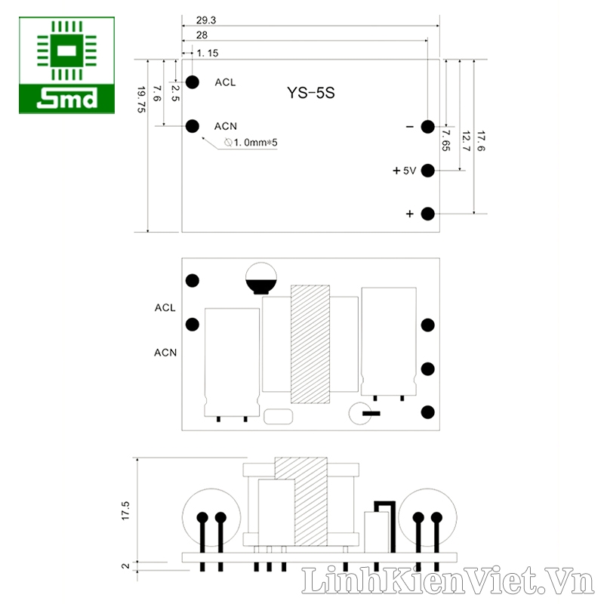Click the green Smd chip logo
click(66, 65)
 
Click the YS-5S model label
click(311, 93)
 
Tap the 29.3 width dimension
click(206, 20)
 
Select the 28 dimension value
click(202, 35)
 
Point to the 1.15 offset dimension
click(208, 53)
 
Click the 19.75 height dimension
click(141, 100)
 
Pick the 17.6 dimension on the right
click(481, 141)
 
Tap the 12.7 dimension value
click(466, 141)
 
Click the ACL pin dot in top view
click(193, 82)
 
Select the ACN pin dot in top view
click(193, 126)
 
